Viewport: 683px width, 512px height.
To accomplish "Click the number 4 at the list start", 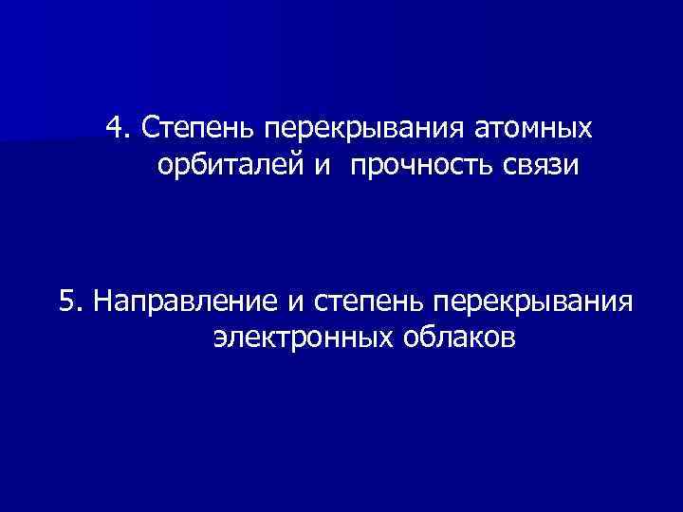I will point(114,127).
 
